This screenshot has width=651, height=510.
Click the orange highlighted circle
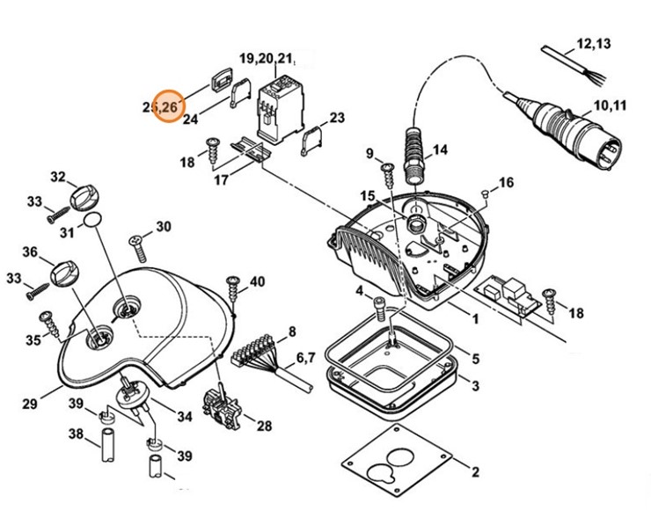167,106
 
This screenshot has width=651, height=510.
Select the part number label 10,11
610,106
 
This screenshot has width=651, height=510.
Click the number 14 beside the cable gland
440,150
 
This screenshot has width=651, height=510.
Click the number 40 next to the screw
256,281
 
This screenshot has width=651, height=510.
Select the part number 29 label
30,404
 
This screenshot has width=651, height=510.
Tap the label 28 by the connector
264,426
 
